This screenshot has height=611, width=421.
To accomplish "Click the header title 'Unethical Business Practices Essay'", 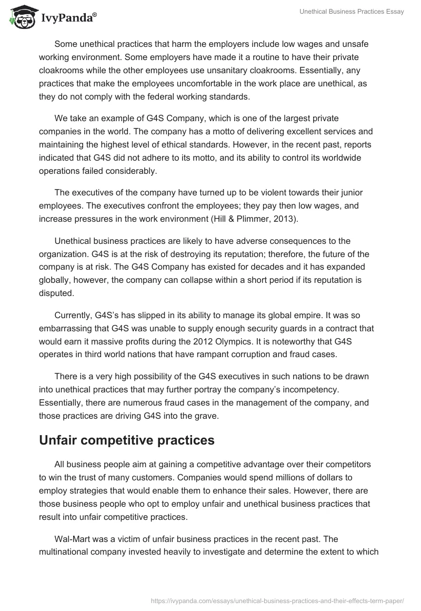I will tap(352, 12).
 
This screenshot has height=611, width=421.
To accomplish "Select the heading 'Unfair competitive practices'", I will tap(127, 440).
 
